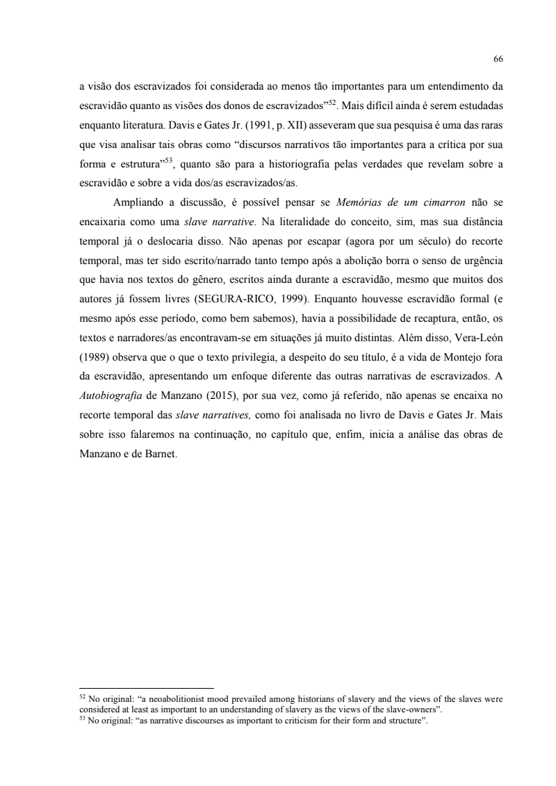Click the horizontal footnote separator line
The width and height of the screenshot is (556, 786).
pyautogui.click(x=146, y=687)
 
